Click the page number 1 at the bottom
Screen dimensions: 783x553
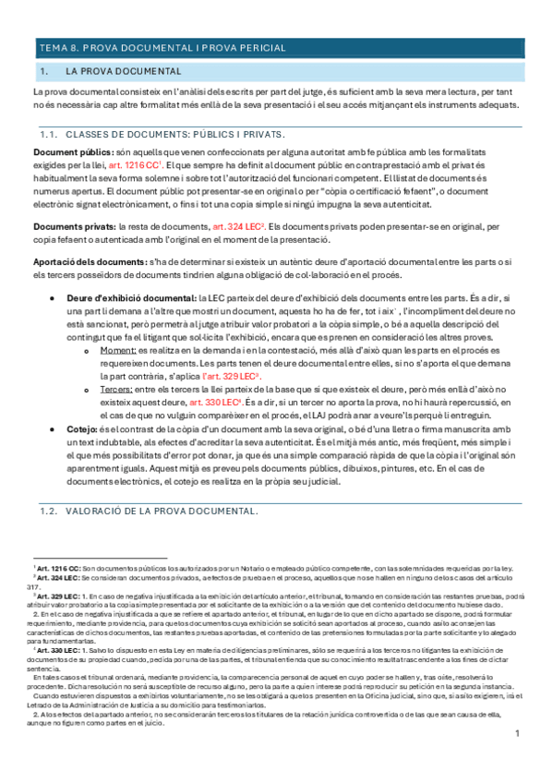(519, 759)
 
